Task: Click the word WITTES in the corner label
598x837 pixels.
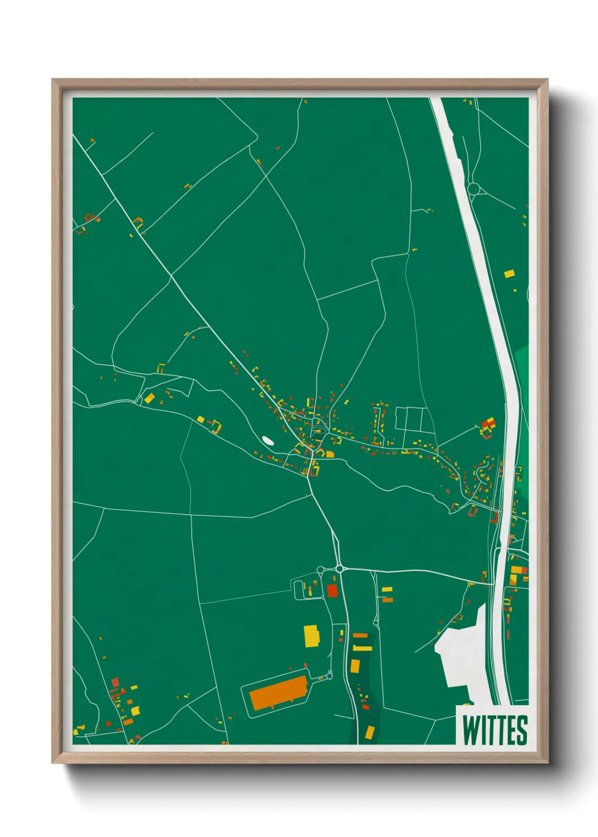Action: click(495, 730)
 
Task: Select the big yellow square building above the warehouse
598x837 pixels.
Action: click(311, 636)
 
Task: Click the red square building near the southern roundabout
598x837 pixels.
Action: click(332, 591)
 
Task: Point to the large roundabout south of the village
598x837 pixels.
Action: click(339, 568)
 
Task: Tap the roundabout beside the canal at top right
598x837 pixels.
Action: click(474, 188)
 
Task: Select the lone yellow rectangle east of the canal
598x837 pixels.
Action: click(509, 274)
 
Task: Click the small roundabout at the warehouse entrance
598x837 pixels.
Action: click(330, 676)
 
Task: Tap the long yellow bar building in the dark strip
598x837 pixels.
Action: click(362, 648)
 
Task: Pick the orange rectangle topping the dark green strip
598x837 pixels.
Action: click(360, 636)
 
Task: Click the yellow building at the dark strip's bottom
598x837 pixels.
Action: click(370, 732)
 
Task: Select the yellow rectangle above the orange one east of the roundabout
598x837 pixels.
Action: click(387, 590)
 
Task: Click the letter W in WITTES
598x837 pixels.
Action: click(469, 730)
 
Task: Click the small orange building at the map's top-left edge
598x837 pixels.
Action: click(92, 140)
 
